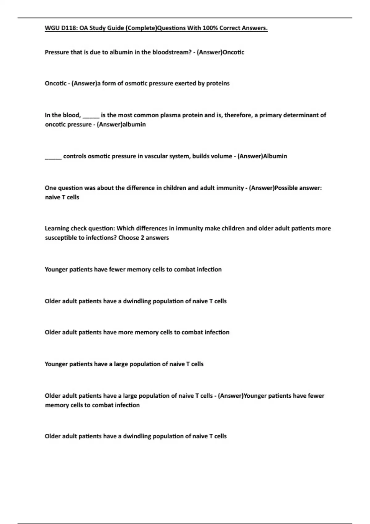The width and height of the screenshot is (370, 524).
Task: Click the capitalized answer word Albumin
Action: pyautogui.click(x=275, y=156)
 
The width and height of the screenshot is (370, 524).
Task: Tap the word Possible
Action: pyautogui.click(x=286, y=188)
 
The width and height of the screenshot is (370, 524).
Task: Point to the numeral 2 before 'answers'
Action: pyautogui.click(x=142, y=238)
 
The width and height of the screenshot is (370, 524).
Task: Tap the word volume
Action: pyautogui.click(x=221, y=156)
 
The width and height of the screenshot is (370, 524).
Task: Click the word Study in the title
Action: pyautogui.click(x=98, y=28)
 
